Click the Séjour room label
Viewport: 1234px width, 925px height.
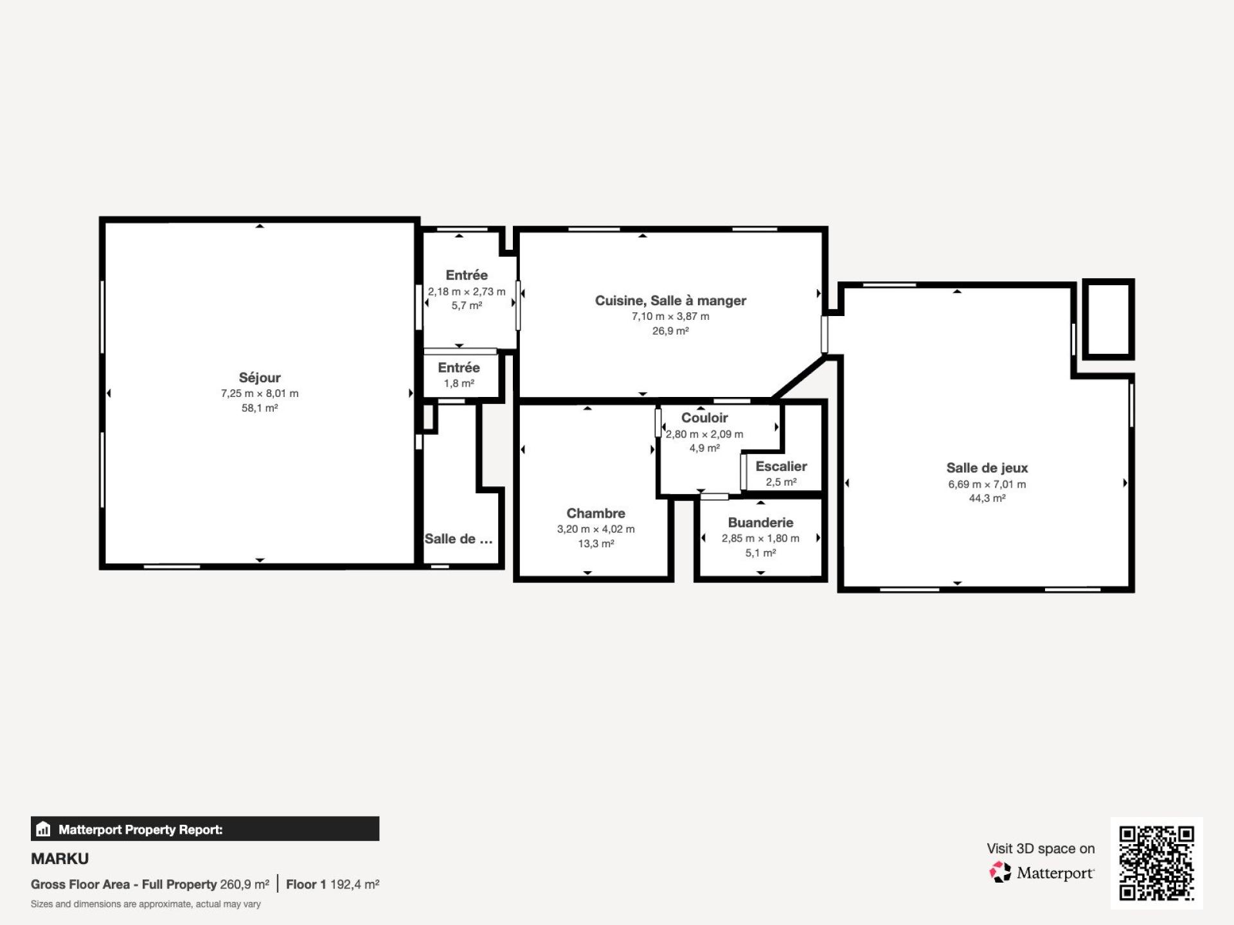coord(260,378)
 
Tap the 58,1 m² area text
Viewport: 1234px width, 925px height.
coord(260,408)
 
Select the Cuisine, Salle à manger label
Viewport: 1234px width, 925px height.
coord(670,301)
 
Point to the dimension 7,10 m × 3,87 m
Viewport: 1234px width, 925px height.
coord(670,316)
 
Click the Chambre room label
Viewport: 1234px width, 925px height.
coord(596,513)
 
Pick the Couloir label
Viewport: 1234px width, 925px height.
coord(704,418)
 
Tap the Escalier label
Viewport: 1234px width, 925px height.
coord(781,466)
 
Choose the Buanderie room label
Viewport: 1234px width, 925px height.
coord(760,523)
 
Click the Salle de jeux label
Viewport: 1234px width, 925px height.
coord(987,468)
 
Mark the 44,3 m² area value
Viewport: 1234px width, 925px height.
coord(987,498)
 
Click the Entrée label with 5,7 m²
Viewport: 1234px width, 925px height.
coord(467,276)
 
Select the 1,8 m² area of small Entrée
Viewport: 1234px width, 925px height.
coord(459,383)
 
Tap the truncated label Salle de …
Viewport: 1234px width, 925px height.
coord(458,539)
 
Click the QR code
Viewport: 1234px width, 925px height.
coord(1157,863)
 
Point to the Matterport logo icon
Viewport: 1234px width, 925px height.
coord(999,872)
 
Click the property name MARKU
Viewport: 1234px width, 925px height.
coord(60,859)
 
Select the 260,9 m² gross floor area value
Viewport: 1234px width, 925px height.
coord(244,885)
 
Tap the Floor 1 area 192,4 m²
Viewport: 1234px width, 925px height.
coord(355,885)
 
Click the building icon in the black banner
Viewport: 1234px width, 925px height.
coord(43,829)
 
